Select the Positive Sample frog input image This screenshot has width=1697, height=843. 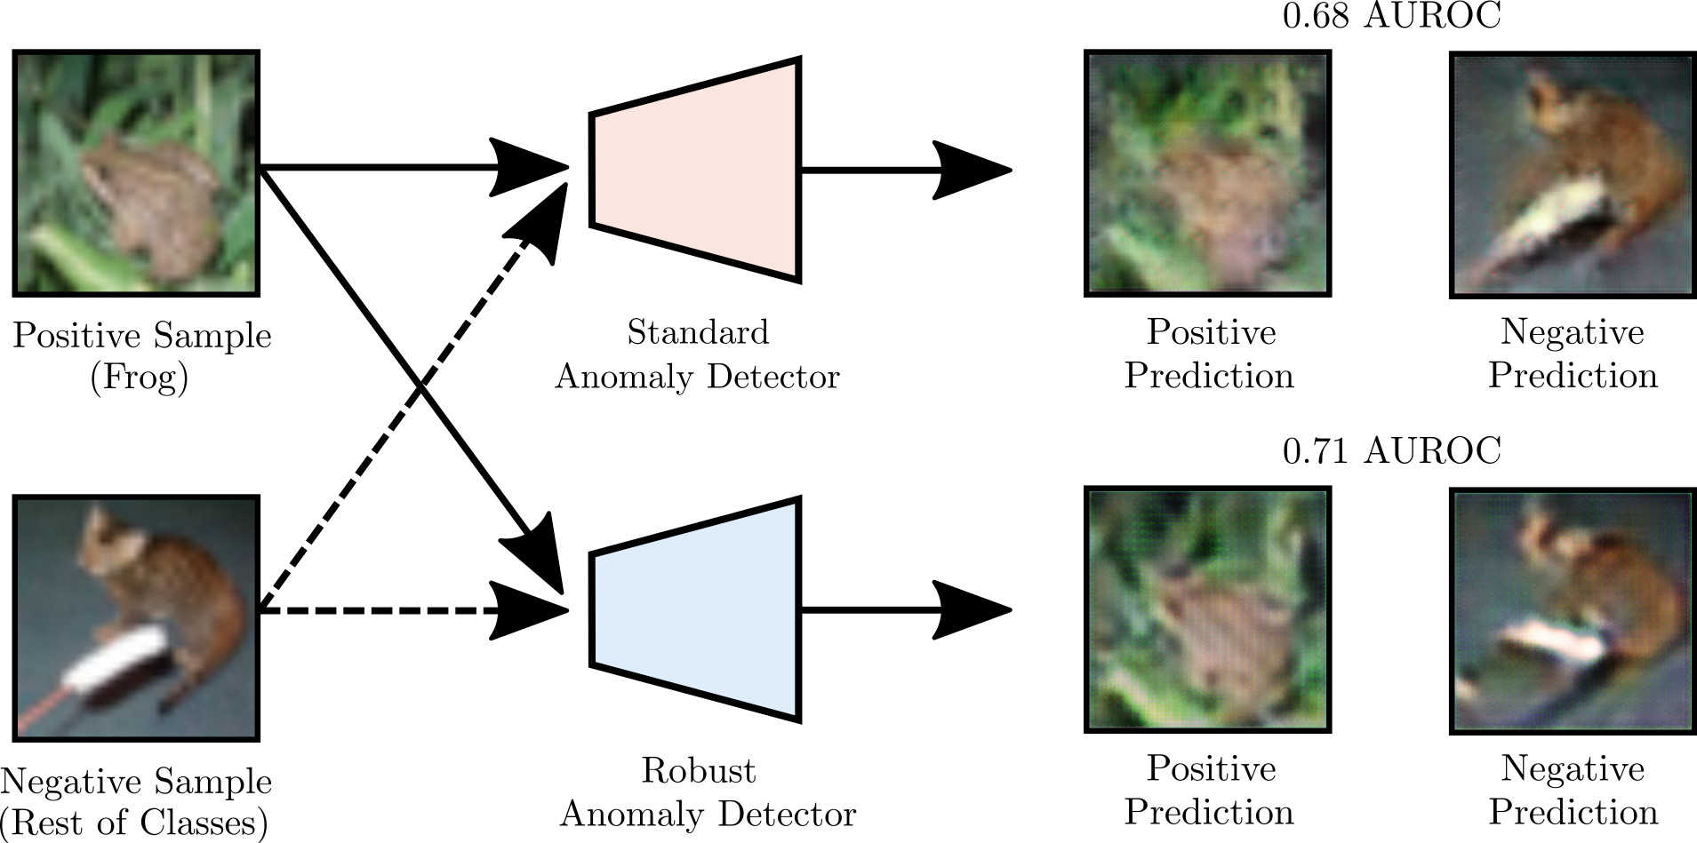[x=136, y=172]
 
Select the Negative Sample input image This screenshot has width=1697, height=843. [x=136, y=617]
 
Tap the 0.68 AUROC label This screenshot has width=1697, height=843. [x=1391, y=16]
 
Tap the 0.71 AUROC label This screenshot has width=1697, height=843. [x=1391, y=451]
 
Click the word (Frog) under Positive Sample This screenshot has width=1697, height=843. [x=140, y=378]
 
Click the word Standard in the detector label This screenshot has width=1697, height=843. [x=698, y=332]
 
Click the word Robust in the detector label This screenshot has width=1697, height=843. [x=699, y=770]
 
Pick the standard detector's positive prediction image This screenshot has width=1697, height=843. [x=1208, y=173]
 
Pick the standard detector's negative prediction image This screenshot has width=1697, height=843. [x=1573, y=173]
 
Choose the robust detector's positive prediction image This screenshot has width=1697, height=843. [x=1208, y=609]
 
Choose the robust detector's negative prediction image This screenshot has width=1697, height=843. [x=1573, y=609]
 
